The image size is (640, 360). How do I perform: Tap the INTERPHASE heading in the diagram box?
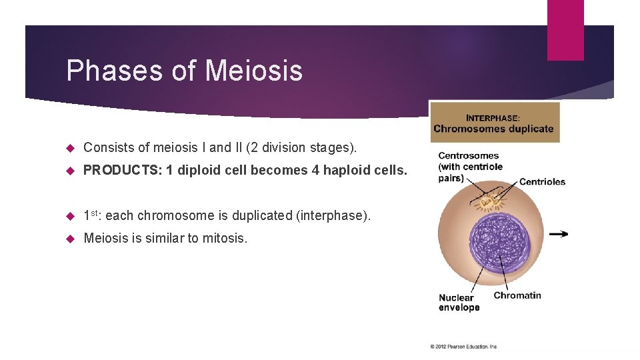[x=493, y=118]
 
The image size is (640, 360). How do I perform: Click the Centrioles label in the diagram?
[x=542, y=182]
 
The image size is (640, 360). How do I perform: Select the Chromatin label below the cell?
[x=517, y=295]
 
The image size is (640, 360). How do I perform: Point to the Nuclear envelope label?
[x=459, y=303]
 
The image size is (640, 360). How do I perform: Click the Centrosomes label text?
[x=468, y=156]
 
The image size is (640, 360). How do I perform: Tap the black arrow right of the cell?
[x=560, y=234]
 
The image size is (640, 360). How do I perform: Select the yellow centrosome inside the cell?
[x=491, y=200]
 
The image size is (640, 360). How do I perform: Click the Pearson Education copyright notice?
[x=463, y=347]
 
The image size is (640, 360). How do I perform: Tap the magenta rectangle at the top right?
[x=565, y=30]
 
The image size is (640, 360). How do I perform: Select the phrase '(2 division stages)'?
[x=307, y=147]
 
